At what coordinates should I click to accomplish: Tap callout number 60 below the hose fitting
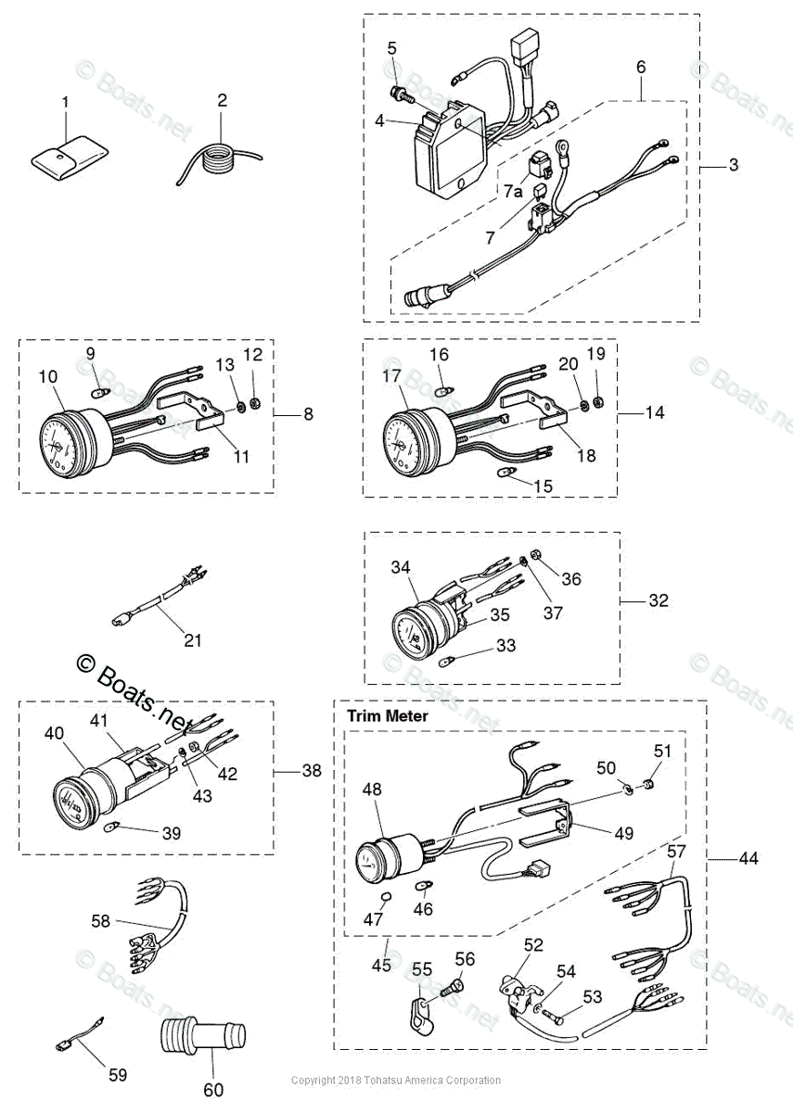[213, 1090]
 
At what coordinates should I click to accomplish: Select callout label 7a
[513, 192]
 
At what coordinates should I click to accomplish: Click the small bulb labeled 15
[506, 473]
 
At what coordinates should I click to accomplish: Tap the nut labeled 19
[597, 401]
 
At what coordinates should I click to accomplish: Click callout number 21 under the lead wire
[192, 639]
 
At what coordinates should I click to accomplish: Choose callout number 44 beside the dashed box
[748, 859]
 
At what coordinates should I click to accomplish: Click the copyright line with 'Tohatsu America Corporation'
[396, 1080]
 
